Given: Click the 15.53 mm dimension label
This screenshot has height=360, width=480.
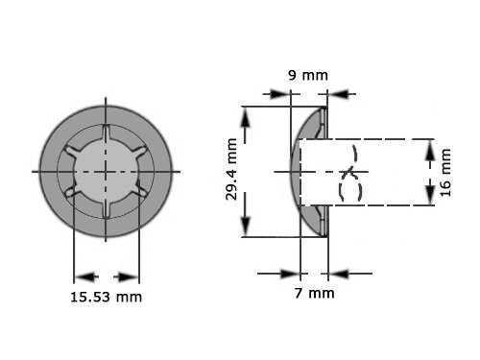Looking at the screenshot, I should [107, 297].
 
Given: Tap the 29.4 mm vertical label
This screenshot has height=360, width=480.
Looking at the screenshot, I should [229, 173].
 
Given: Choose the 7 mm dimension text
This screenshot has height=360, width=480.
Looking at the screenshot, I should [314, 292].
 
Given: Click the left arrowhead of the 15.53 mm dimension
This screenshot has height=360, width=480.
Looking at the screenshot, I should [81, 274].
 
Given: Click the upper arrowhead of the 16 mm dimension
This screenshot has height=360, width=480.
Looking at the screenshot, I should [429, 147].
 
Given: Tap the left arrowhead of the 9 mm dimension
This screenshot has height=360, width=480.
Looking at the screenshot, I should [283, 94].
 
